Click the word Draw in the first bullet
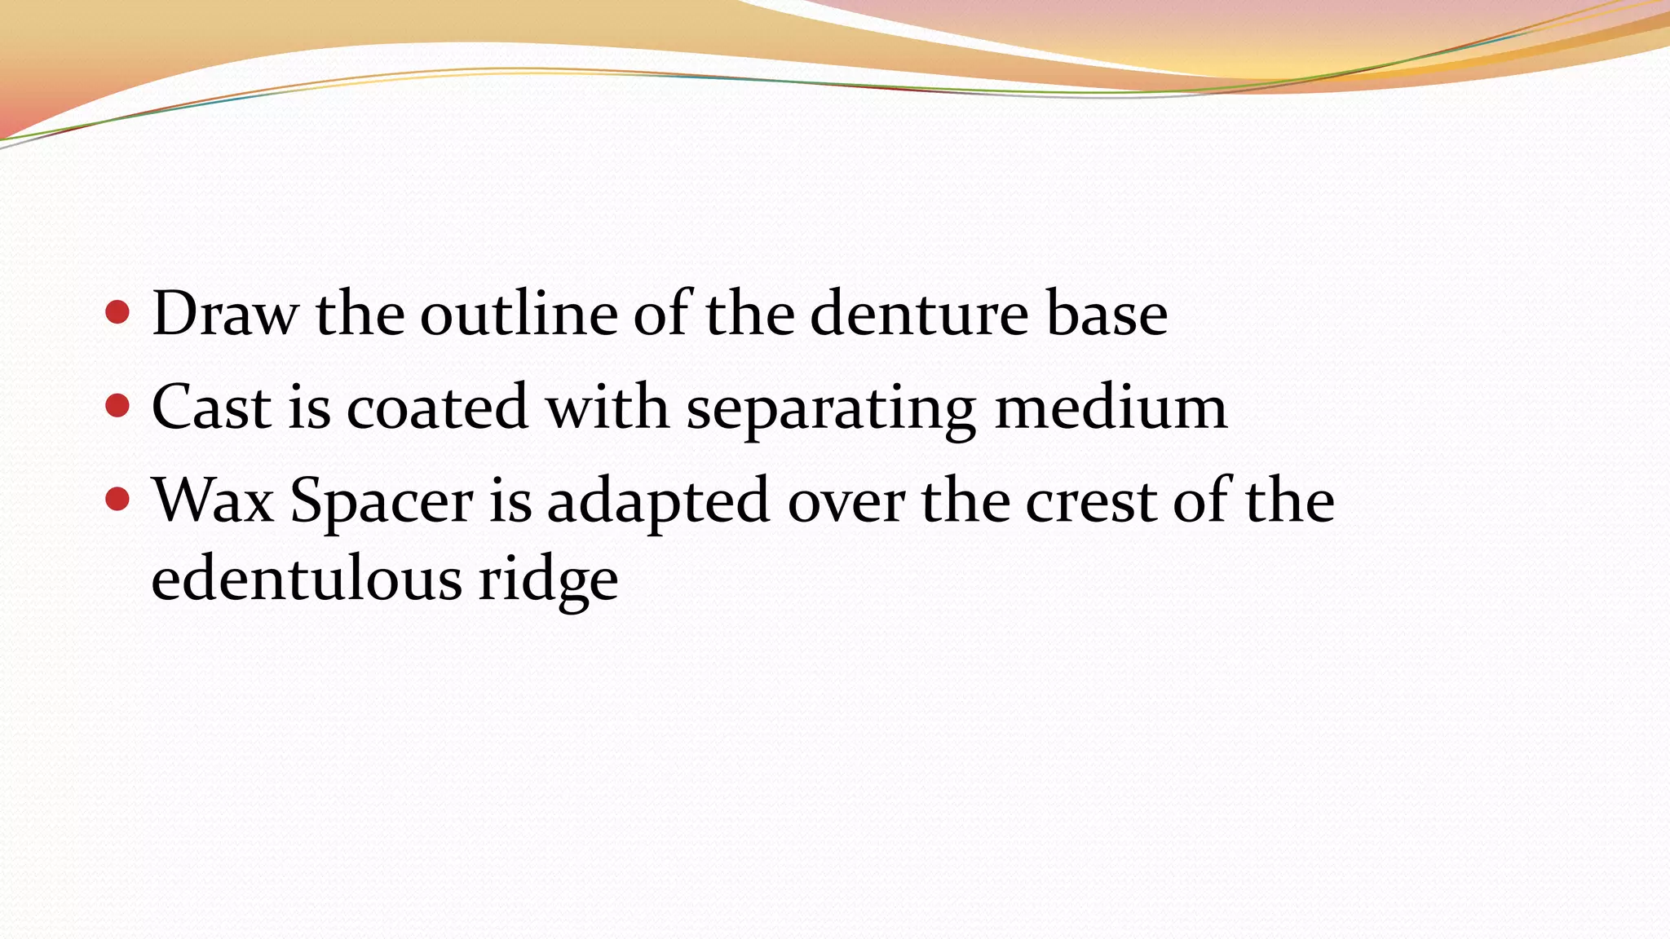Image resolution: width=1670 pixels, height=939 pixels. (224, 314)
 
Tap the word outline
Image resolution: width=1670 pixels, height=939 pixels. (519, 314)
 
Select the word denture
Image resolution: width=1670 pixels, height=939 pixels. (920, 314)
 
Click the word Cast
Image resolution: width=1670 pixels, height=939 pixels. (211, 407)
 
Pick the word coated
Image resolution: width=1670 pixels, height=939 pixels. (437, 407)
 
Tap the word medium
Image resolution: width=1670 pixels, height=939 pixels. (1111, 407)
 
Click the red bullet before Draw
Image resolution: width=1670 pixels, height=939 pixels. (117, 311)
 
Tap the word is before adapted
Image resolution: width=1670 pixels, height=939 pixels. (510, 500)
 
